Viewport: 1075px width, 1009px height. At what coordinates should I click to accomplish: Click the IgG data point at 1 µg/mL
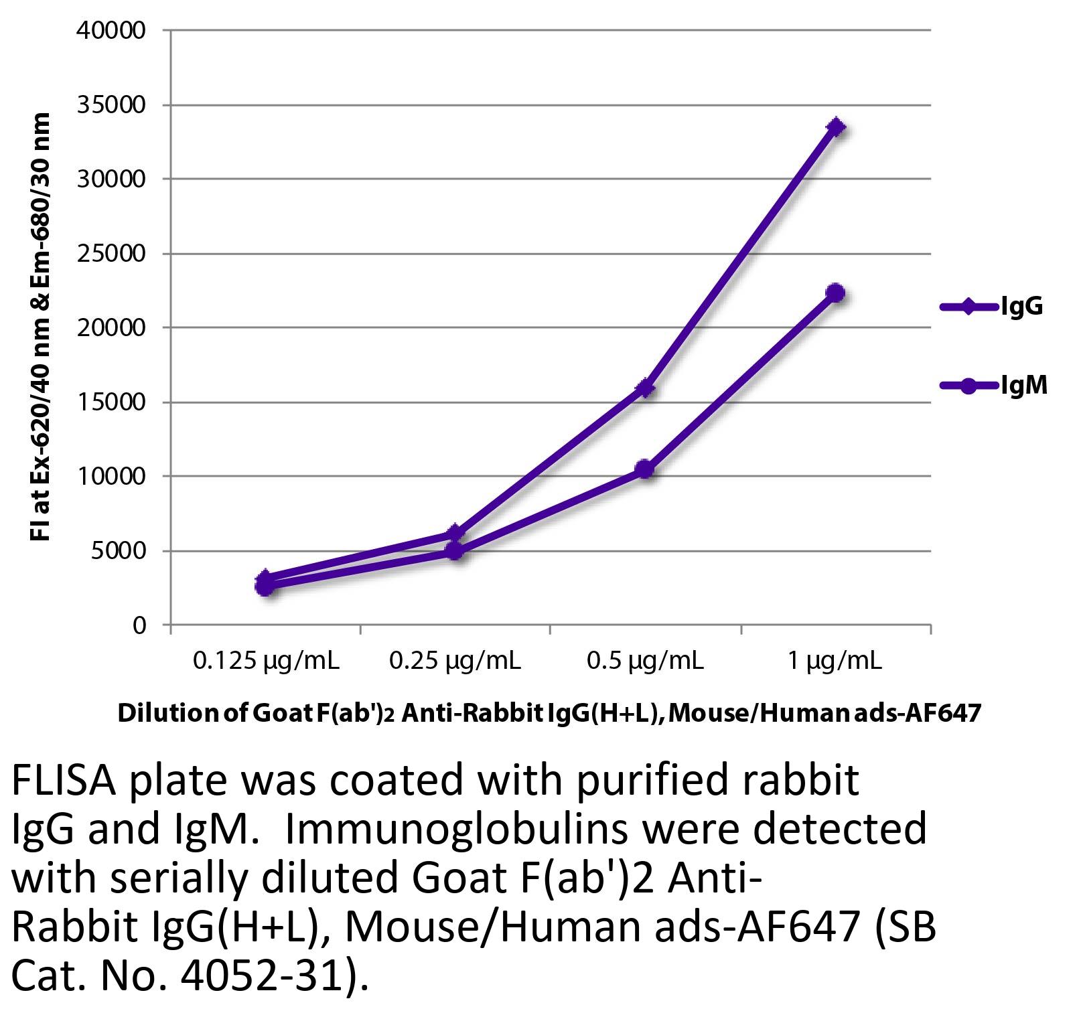click(x=836, y=127)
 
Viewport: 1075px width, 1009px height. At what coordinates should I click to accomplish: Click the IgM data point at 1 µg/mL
click(x=835, y=293)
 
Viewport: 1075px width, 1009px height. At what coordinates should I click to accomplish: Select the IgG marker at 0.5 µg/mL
click(x=646, y=388)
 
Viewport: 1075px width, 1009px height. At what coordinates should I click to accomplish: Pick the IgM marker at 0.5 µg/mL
click(x=645, y=469)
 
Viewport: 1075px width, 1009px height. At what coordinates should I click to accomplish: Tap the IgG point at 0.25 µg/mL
click(x=455, y=534)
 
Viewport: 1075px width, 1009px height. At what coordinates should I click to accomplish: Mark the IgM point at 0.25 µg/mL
click(x=455, y=550)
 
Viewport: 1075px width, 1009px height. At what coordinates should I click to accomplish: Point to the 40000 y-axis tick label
click(x=111, y=31)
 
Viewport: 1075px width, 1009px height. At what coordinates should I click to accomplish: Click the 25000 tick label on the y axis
click(x=111, y=254)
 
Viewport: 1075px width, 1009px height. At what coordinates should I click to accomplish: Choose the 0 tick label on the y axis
click(x=139, y=625)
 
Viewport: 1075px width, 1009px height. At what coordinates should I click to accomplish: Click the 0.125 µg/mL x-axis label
click(x=266, y=662)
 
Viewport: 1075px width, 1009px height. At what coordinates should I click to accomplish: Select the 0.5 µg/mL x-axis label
click(x=645, y=662)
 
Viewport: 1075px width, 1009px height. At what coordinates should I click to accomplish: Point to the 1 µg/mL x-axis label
click(x=835, y=662)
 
